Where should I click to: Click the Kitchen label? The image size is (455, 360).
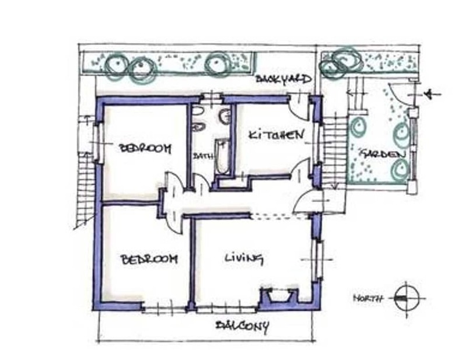(276, 135)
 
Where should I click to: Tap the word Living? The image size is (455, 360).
(244, 258)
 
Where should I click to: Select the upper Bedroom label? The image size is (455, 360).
(145, 148)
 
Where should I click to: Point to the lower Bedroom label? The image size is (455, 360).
(149, 259)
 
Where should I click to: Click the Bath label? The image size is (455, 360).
(203, 156)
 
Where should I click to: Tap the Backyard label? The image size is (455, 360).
(283, 79)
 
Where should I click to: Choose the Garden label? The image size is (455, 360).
(382, 154)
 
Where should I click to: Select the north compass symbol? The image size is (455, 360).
(407, 298)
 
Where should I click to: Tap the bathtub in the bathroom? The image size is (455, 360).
(222, 156)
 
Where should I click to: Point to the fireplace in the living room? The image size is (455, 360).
(279, 296)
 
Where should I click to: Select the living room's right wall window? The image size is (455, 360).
(318, 260)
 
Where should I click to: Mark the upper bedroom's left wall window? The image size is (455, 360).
(99, 143)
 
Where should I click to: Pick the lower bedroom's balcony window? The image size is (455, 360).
(164, 309)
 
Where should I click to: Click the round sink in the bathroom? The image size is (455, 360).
(226, 117)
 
